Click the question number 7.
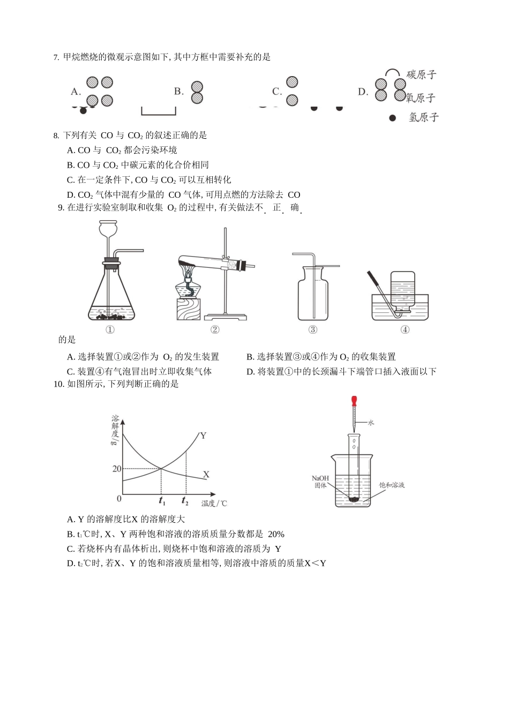[56, 57]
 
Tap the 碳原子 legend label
[421, 74]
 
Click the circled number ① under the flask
[110, 329]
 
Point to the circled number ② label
[215, 329]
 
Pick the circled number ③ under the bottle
[313, 329]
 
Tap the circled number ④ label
[405, 329]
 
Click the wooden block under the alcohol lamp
[188, 310]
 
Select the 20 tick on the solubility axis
[116, 469]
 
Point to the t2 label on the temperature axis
[185, 501]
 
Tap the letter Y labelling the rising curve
[203, 436]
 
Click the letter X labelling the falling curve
[206, 475]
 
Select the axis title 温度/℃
[214, 504]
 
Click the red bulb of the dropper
[354, 401]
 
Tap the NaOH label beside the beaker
[320, 478]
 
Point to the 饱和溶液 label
[392, 485]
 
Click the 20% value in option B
[276, 534]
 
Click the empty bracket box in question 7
[159, 110]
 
